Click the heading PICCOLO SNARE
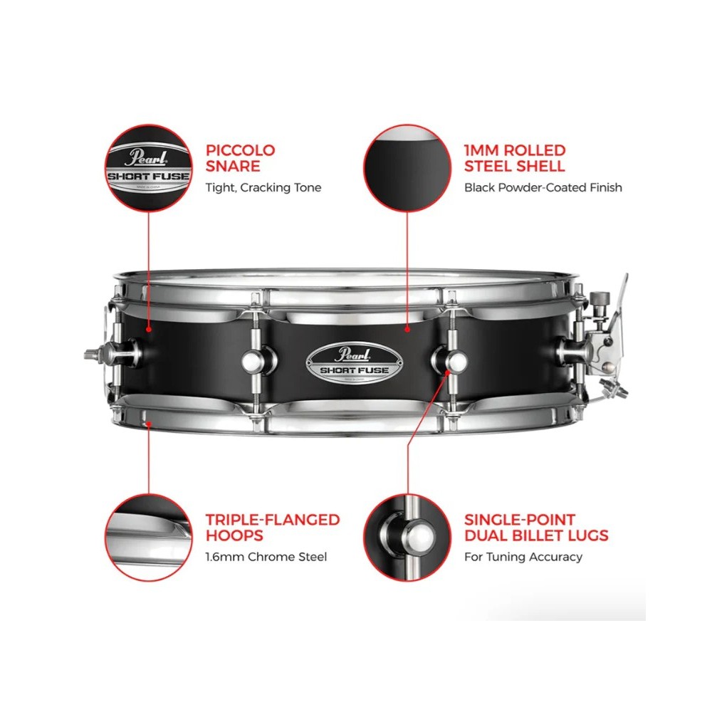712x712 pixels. coord(240,158)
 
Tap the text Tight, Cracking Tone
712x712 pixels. coord(263,187)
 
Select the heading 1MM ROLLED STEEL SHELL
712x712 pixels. coord(515,158)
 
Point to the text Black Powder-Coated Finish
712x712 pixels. coord(543,187)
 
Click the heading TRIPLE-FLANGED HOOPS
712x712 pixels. coord(273,527)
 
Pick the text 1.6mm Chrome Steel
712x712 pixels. coord(266,557)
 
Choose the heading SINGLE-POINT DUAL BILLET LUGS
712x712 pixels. coord(536,527)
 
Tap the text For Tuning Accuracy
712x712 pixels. coord(523,557)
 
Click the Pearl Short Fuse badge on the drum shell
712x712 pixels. coord(354,363)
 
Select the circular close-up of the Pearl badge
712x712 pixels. coord(149,169)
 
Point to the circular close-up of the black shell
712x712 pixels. coord(407,169)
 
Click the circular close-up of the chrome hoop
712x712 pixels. coord(149,538)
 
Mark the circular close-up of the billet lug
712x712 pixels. coord(407,538)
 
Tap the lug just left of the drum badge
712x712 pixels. coord(256,360)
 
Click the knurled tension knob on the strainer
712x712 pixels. coord(600,300)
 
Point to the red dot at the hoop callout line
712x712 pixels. coord(149,424)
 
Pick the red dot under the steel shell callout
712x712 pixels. coord(407,328)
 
